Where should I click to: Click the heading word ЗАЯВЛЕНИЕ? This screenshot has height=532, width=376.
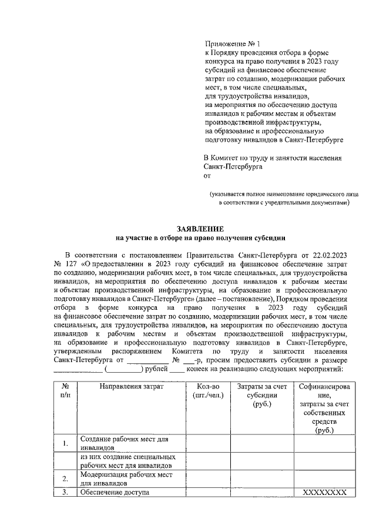pyautogui.click(x=200, y=229)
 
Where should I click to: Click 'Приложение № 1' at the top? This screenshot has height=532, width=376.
pyautogui.click(x=231, y=44)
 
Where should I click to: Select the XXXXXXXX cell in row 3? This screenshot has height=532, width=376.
pyautogui.click(x=325, y=493)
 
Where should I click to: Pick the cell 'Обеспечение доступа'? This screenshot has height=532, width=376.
pyautogui.click(x=115, y=493)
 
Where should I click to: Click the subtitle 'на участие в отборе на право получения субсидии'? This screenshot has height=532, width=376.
pyautogui.click(x=200, y=238)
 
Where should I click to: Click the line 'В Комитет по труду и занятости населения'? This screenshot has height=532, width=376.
pyautogui.click(x=273, y=158)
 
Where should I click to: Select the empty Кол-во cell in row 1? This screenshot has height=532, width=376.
pyautogui.click(x=207, y=443)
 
